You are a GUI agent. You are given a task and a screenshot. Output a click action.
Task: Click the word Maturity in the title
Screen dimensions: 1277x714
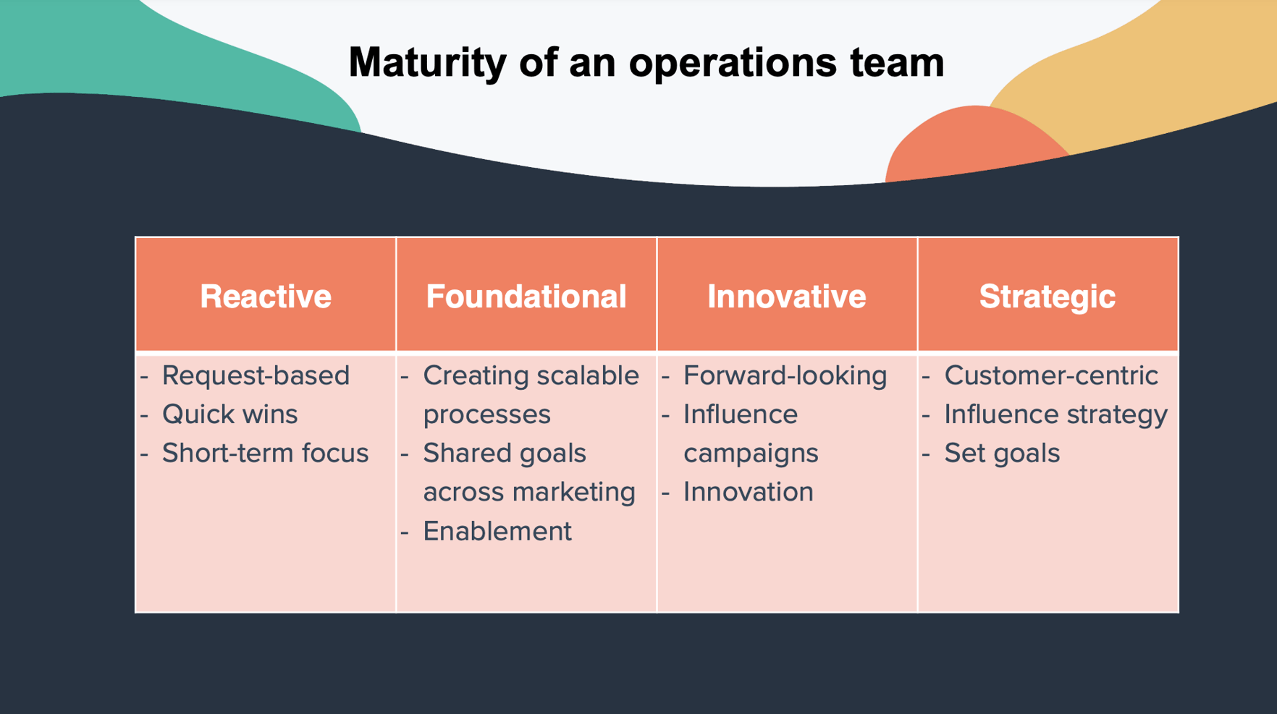[427, 62]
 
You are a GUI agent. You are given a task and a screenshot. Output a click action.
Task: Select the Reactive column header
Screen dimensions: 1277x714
[266, 297]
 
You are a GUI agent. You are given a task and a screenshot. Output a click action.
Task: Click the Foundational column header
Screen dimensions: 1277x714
[526, 297]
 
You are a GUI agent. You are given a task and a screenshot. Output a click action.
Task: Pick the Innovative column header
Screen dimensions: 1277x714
[787, 297]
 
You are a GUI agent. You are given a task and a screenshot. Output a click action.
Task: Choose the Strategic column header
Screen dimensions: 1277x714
[1048, 297]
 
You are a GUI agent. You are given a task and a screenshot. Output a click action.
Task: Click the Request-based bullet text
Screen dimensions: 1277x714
[256, 375]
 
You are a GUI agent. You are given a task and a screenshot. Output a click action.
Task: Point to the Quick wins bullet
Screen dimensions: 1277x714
[229, 415]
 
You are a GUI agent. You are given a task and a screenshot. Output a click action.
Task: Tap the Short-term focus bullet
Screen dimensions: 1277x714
[265, 454]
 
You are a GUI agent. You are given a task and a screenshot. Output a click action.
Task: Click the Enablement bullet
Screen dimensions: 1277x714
[497, 531]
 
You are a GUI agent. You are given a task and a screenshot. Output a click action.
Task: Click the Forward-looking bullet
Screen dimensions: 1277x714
[785, 375]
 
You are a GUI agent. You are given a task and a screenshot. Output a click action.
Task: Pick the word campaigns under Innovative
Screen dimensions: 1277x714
[751, 454]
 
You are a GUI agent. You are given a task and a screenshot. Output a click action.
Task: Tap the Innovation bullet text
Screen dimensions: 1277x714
[748, 492]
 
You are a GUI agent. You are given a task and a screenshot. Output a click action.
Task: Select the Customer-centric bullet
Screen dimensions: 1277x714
[1050, 375]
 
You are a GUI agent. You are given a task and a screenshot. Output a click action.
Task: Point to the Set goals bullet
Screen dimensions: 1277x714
[1002, 454]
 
